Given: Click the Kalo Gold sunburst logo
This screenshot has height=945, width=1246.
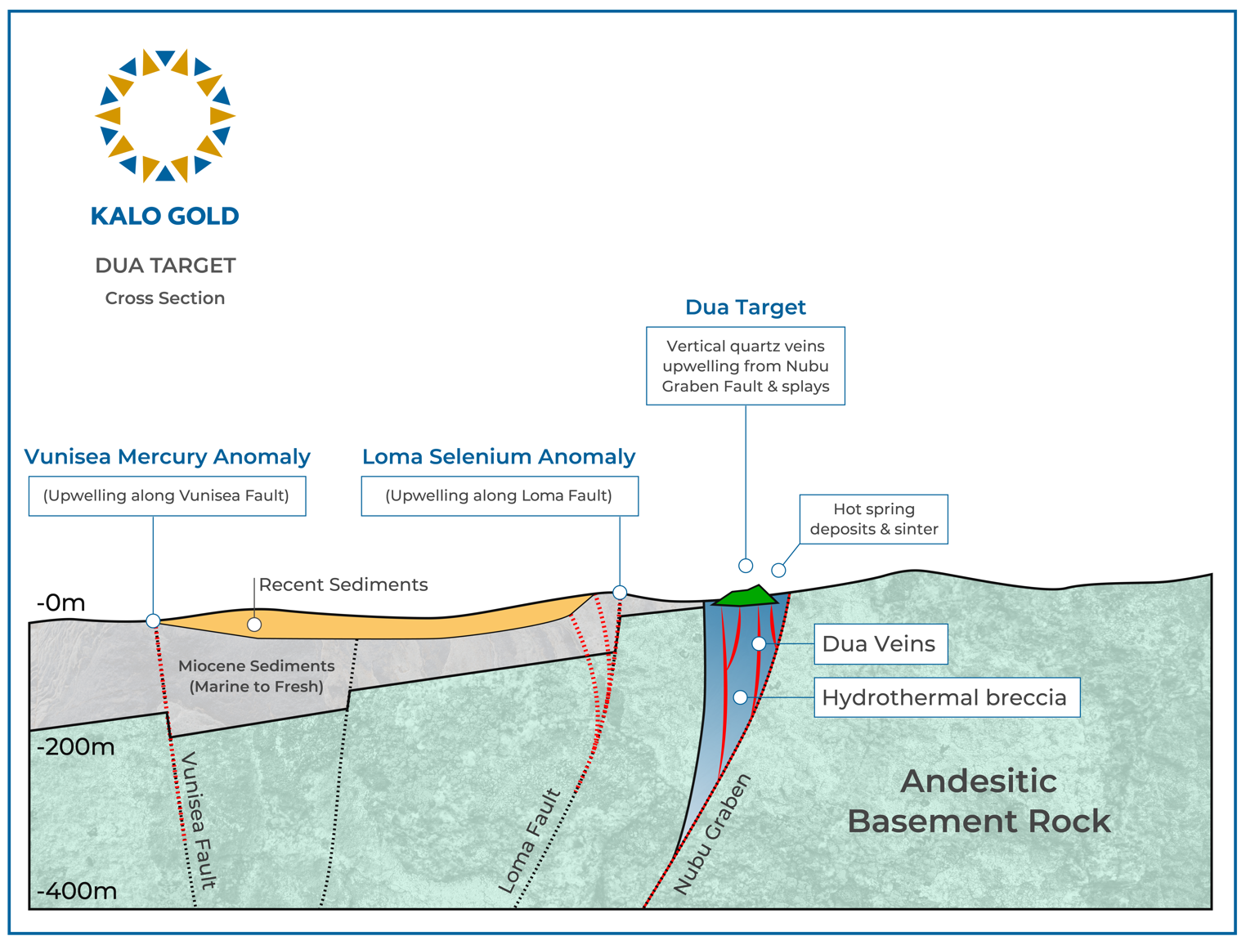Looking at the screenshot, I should coord(165,115).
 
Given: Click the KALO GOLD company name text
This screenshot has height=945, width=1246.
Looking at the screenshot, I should coord(165,216).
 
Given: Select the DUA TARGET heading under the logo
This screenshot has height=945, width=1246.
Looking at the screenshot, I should coord(165,266).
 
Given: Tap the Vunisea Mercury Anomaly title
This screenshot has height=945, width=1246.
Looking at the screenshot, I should coord(167,456).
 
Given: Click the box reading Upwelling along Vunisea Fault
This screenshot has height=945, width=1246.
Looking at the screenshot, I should coord(167,496).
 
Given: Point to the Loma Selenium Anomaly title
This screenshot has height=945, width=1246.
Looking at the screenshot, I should coord(499,456).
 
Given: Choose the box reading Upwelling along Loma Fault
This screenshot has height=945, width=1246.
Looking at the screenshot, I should coord(500,496).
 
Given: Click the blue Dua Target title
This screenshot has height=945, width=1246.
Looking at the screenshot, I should coord(745,307).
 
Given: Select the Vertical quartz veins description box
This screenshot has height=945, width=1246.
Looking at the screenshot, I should coord(745,366).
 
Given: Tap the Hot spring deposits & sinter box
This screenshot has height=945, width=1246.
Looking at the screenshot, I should coord(873,519).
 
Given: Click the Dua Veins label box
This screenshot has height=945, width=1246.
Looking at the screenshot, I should coord(880,644).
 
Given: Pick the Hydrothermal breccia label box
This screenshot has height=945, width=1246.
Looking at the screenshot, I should coord(946,697).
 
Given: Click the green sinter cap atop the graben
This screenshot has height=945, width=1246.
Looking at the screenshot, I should coord(744,597).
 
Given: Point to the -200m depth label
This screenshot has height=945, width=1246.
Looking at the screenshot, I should coord(74,747).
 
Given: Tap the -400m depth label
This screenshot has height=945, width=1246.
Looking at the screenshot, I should coord(76,891).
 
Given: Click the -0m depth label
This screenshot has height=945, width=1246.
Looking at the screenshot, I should coord(61,603).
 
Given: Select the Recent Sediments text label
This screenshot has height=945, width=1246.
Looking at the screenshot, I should coord(343,584).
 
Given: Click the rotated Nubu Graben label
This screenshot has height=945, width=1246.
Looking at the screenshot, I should coord(712,834).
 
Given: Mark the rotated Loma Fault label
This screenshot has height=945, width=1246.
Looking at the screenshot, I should coord(530,841).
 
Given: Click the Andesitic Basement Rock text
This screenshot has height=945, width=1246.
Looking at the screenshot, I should coord(978,801).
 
